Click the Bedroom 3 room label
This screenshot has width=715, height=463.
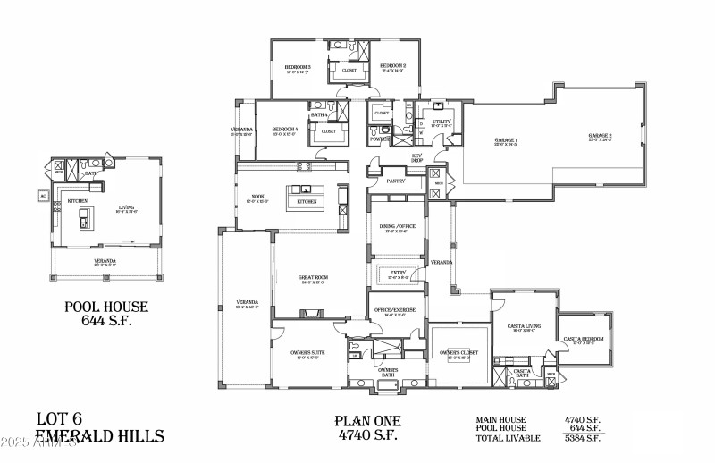pos(298,67)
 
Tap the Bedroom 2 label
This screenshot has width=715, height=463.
pos(392,66)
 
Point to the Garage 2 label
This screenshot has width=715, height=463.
pos(600,137)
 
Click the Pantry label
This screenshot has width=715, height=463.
pos(397,181)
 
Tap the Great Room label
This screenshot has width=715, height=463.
pos(313,278)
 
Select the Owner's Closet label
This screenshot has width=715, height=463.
pos(462,352)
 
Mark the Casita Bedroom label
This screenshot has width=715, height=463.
pos(583,340)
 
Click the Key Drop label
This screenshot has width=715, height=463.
pos(416,156)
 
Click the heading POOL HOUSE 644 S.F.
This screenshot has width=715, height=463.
pos(105,314)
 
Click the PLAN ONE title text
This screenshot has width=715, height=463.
pos(368,421)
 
